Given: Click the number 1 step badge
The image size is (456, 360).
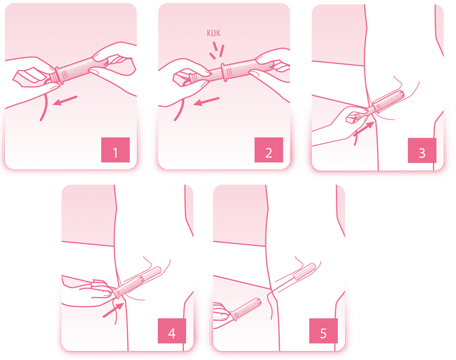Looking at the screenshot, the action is click(x=115, y=150).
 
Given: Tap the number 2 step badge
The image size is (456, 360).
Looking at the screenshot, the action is click(x=269, y=150).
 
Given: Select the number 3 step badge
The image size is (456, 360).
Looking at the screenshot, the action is click(x=422, y=151).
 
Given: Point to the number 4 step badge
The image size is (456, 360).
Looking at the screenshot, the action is click(x=172, y=331).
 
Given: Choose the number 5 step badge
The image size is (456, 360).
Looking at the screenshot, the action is click(x=323, y=331).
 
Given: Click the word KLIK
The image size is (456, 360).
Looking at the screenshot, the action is click(x=213, y=33).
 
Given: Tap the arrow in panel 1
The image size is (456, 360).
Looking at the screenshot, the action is click(x=65, y=101).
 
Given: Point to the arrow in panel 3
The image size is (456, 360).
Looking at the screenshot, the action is click(x=363, y=129).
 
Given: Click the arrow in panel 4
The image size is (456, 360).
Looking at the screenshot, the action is click(x=114, y=310).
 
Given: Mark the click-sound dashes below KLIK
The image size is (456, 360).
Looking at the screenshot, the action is click(x=217, y=50).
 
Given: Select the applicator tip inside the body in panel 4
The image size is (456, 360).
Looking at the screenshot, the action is click(x=156, y=271).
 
